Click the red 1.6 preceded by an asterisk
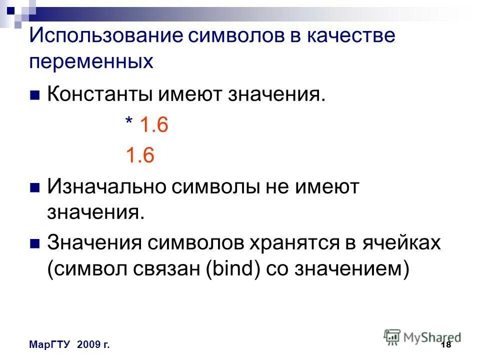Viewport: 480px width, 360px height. pos(153,125)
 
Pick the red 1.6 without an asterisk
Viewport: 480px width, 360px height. pos(139,155)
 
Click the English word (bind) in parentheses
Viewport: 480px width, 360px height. pos(229,269)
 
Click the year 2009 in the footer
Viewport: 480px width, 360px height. pos(88,345)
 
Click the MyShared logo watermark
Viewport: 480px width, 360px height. pos(422,336)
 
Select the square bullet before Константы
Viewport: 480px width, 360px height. pos(35,95)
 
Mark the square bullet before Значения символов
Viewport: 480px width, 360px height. pos(35,244)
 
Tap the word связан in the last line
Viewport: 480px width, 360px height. pos(157,269)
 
